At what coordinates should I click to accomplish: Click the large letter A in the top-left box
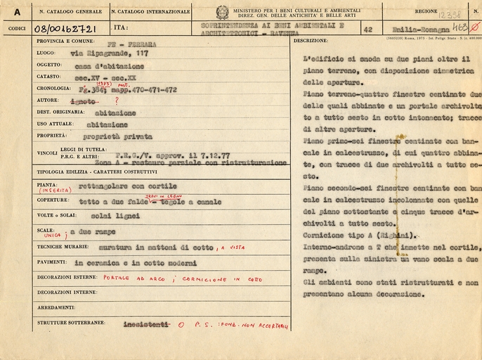coord(16,12)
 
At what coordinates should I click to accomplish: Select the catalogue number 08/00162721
coord(64,29)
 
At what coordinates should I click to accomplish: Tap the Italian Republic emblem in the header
coord(222,12)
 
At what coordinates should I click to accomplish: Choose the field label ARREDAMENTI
coord(57,307)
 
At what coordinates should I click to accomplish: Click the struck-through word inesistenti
coord(146,324)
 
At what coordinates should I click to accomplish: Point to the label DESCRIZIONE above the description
coord(311,41)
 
